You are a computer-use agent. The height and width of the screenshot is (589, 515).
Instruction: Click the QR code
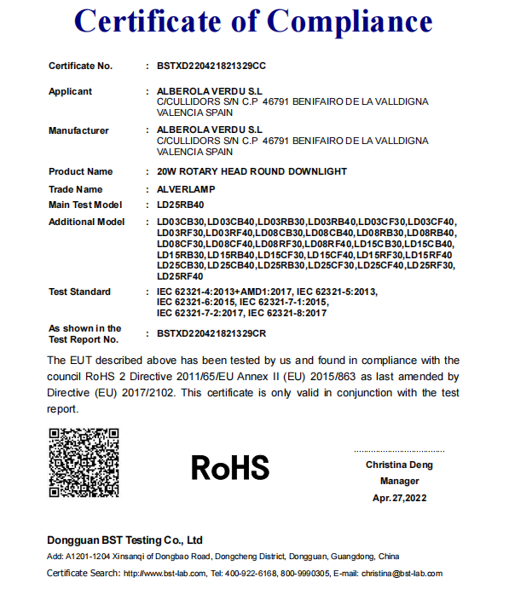(83, 464)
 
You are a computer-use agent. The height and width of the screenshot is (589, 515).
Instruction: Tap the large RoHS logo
(230, 467)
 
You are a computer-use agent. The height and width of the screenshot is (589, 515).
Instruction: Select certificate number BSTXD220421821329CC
(212, 66)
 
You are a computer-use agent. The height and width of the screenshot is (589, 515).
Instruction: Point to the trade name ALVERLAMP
(186, 189)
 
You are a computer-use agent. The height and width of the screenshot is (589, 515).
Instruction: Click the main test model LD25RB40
(182, 205)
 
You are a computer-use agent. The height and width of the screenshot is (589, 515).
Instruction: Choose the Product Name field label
(80, 171)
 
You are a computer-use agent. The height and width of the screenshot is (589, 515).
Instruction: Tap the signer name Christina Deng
(399, 465)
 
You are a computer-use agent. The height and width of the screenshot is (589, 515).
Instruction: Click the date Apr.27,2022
(399, 498)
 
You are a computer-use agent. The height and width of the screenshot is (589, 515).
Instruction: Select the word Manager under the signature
(399, 481)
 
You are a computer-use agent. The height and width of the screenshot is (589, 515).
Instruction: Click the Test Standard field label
(79, 292)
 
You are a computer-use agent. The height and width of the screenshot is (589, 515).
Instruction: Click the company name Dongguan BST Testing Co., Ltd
(124, 540)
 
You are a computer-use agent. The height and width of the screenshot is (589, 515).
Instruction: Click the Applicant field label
(70, 91)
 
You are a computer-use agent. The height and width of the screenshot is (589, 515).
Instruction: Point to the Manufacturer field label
(78, 130)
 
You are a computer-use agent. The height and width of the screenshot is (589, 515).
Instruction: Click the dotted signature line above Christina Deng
(399, 451)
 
